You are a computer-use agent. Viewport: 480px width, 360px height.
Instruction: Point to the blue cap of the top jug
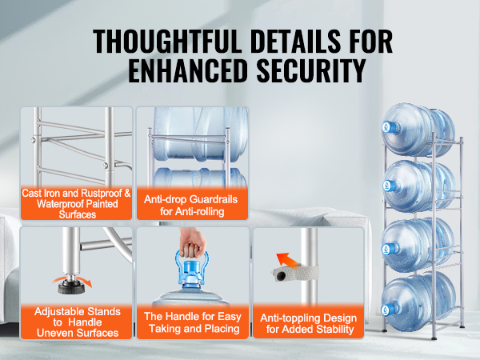tap(391, 127)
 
